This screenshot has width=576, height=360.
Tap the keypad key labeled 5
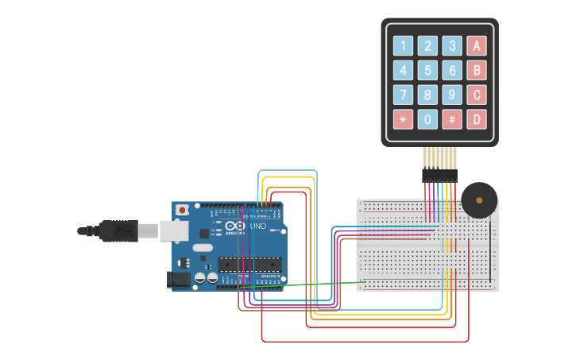tap(427, 70)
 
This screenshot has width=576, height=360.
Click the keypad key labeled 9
tap(452, 95)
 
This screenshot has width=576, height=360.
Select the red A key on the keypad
tap(477, 45)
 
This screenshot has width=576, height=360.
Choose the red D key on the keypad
tap(477, 120)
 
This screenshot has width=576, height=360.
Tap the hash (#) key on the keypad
tap(452, 120)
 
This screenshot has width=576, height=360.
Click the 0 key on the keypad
tap(427, 120)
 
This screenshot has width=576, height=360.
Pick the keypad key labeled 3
tap(452, 45)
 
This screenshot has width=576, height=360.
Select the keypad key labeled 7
tap(403, 95)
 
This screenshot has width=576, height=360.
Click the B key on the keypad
tap(477, 70)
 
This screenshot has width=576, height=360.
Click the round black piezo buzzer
tap(479, 200)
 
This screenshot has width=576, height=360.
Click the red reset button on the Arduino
tap(182, 211)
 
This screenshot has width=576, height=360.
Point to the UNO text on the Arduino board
tap(258, 226)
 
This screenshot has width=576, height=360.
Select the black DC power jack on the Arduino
tap(176, 279)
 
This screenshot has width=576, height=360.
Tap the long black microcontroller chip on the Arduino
tap(250, 265)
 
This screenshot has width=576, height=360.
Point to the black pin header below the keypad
tap(439, 174)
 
